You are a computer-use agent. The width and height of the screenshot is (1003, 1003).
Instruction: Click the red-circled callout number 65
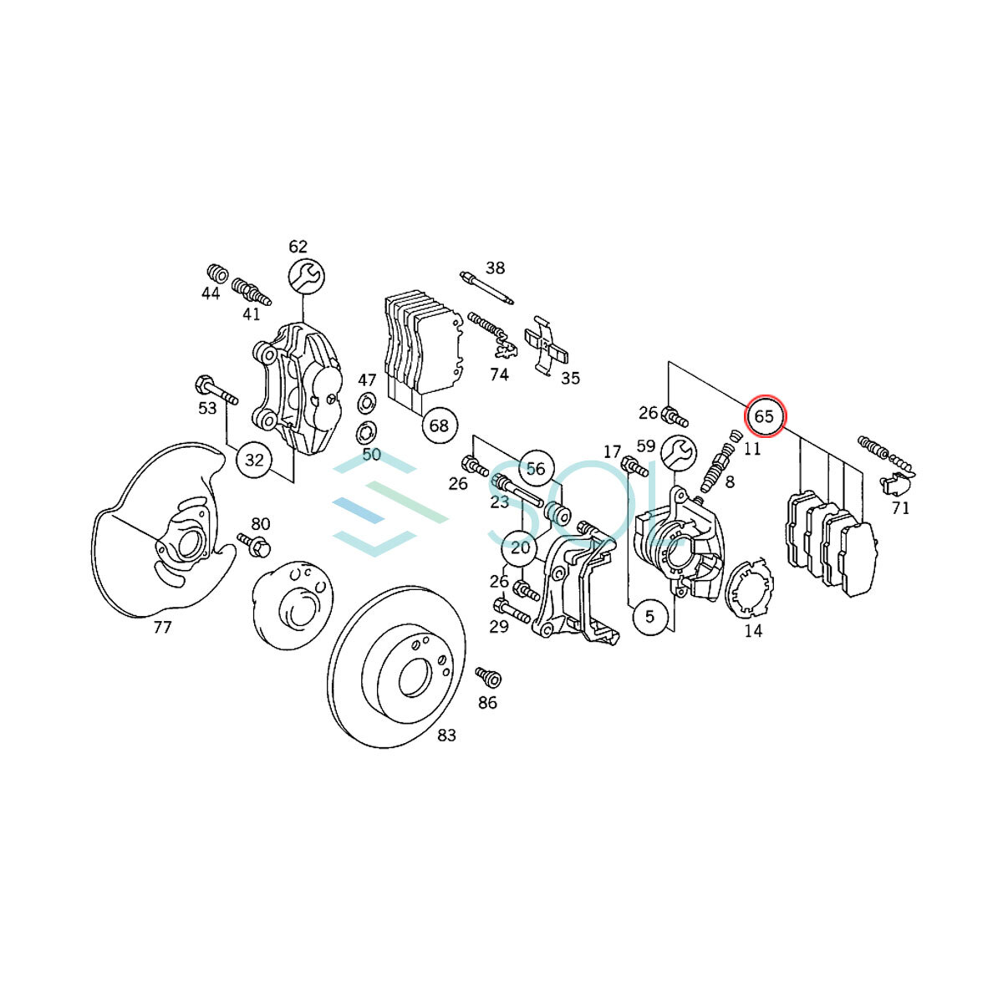[x=765, y=417]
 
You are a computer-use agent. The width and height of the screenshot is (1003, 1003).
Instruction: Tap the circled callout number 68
[x=439, y=425]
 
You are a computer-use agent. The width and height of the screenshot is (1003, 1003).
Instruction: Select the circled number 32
[x=254, y=460]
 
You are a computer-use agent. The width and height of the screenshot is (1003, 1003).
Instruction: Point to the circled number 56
[x=535, y=468]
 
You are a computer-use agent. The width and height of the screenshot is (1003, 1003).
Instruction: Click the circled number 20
[x=520, y=547]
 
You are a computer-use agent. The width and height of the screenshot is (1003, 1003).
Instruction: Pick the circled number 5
[x=649, y=616]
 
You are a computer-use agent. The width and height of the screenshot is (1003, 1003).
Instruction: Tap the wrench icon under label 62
[x=307, y=277]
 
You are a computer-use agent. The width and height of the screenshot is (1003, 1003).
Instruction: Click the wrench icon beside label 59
[x=678, y=451]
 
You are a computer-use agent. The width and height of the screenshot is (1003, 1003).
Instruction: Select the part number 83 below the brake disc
[x=446, y=736]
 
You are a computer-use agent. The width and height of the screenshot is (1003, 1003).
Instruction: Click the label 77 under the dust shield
[x=162, y=628]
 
